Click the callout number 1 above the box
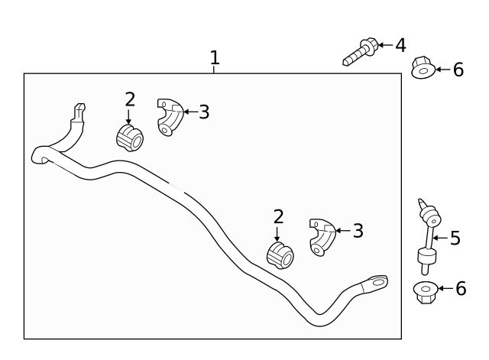pos(215,57)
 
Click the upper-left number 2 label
pos(130,99)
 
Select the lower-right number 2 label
pos(278,217)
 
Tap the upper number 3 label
pos(203,112)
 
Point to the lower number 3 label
pos(357,230)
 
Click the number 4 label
pos(400,46)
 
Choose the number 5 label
pos(455,238)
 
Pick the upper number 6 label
pos(458,70)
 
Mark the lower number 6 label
pos(460,289)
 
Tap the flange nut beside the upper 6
pos(422,68)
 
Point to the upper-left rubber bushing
pos(129,139)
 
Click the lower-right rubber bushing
pos(280,255)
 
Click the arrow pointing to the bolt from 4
pos(384,46)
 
